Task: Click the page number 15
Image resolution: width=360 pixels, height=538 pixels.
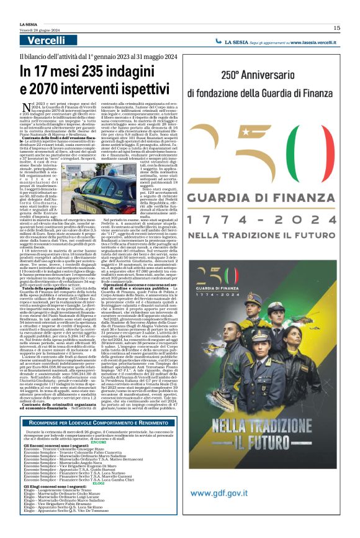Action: tap(336, 27)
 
